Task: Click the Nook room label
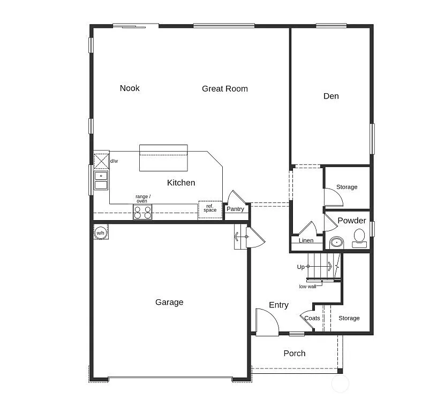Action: (x=130, y=88)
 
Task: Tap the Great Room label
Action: (x=224, y=88)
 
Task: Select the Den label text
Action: (x=331, y=96)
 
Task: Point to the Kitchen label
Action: (x=181, y=183)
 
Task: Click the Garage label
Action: (x=169, y=302)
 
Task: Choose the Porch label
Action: (x=294, y=353)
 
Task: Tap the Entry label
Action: (x=278, y=305)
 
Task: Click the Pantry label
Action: (x=235, y=209)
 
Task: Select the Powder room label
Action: (x=352, y=220)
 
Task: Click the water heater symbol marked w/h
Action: (x=101, y=233)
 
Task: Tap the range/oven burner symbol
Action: (x=142, y=212)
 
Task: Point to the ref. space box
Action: (x=210, y=209)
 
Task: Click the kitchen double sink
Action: (x=101, y=180)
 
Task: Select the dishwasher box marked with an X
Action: (x=101, y=161)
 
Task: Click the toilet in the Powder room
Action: (x=359, y=237)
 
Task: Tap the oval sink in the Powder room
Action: (x=336, y=242)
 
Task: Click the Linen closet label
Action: (x=306, y=240)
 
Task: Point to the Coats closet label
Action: (x=312, y=318)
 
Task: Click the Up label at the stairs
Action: (x=300, y=267)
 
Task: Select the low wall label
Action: (x=307, y=287)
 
